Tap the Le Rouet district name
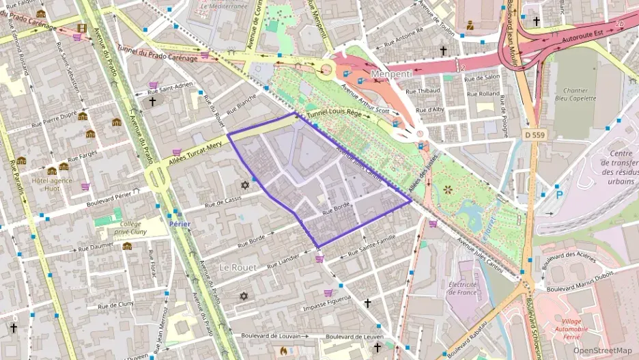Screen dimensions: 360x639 [x=238, y=267]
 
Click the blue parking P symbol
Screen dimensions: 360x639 [x=560, y=193]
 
